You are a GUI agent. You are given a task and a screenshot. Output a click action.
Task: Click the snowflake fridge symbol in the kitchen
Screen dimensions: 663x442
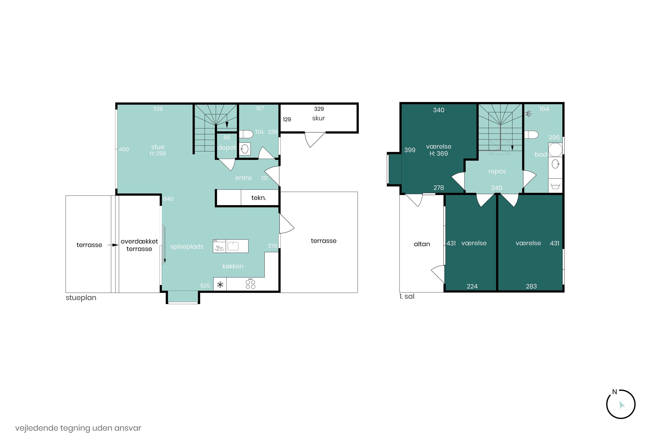(220, 285)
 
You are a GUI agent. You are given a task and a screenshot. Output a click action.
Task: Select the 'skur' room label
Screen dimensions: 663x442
(318, 118)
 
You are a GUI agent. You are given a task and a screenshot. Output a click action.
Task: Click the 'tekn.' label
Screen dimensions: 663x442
(259, 198)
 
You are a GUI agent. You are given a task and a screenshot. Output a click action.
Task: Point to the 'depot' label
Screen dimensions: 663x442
(227, 148)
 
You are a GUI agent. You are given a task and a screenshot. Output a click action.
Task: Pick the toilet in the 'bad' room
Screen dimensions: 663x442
(531, 135)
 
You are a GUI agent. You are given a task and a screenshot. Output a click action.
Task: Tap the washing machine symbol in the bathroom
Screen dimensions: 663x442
(555, 186)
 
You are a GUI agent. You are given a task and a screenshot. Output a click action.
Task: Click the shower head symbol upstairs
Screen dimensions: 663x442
(528, 114)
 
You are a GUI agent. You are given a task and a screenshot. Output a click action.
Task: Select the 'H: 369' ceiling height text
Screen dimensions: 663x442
(439, 154)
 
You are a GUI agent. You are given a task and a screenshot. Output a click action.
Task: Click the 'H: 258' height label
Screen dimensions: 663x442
(158, 154)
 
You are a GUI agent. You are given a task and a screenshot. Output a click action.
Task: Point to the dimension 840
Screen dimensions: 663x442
(168, 199)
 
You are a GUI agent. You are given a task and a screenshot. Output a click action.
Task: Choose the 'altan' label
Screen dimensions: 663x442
(422, 244)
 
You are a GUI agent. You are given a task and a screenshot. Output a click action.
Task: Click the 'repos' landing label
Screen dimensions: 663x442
(497, 172)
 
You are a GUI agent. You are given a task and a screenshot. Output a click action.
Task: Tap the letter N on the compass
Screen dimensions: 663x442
(615, 392)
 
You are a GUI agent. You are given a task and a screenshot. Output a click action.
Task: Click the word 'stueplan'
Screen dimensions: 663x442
(81, 298)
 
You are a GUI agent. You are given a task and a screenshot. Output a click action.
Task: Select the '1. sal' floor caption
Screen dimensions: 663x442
(407, 297)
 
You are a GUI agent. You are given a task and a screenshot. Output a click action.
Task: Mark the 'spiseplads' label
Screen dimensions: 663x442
(187, 247)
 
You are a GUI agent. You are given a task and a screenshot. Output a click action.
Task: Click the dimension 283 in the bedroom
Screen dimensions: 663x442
(531, 286)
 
